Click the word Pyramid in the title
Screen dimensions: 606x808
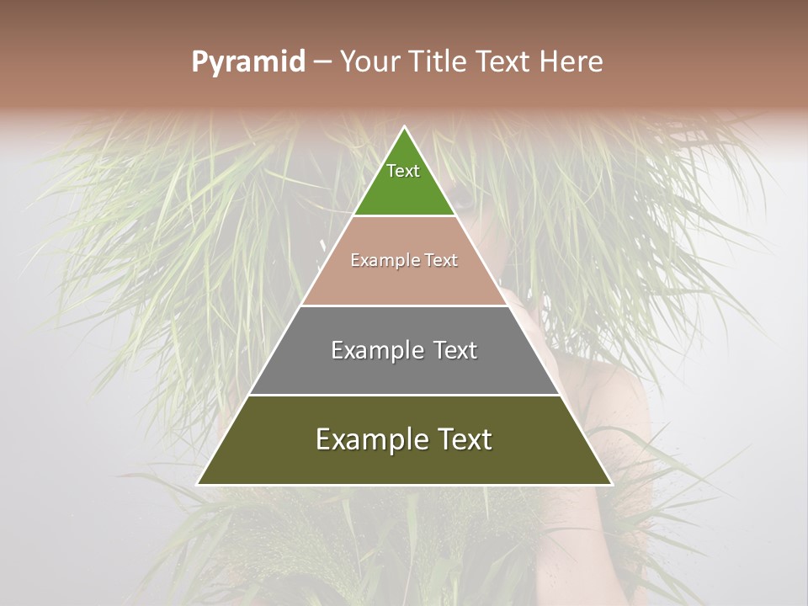pyautogui.click(x=247, y=62)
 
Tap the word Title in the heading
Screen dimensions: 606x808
pyautogui.click(x=440, y=62)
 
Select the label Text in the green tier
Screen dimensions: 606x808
pyautogui.click(x=403, y=171)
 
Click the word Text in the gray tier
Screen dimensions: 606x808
pyautogui.click(x=453, y=350)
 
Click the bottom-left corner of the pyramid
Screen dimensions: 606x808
pyautogui.click(x=199, y=484)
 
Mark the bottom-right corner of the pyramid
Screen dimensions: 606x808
pyautogui.click(x=610, y=484)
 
